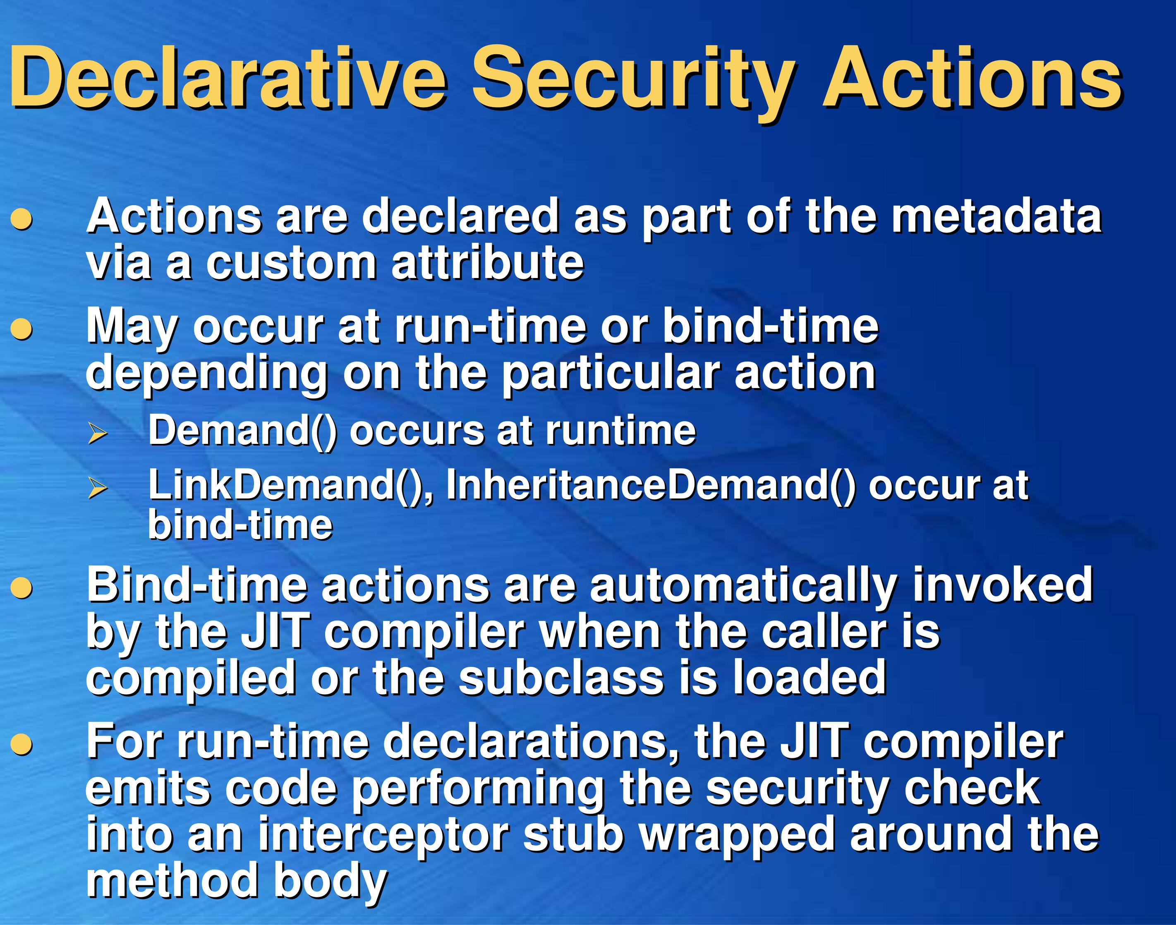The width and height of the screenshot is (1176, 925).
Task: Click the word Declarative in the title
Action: (228, 78)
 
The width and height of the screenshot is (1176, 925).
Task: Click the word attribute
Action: (488, 262)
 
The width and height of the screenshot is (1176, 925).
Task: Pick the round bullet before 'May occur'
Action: (22, 329)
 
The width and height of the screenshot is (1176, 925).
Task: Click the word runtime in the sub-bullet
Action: (620, 431)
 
